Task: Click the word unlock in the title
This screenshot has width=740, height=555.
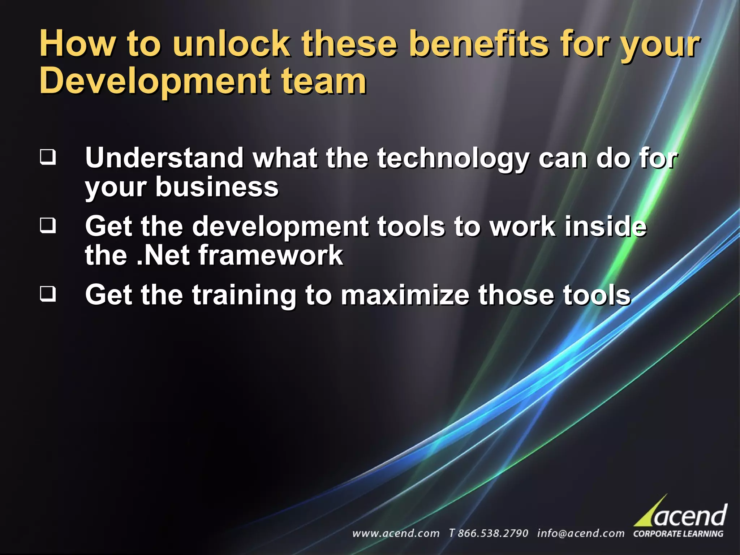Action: tap(231, 44)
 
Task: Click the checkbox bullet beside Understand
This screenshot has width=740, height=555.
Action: tap(48, 157)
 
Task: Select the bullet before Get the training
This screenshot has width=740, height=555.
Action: tap(48, 294)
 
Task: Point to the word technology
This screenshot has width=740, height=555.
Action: tap(453, 159)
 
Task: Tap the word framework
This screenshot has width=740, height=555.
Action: tap(271, 255)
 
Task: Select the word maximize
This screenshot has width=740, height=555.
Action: tap(405, 294)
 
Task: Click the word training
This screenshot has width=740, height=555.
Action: tap(244, 295)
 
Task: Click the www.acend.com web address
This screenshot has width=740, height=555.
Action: tap(396, 533)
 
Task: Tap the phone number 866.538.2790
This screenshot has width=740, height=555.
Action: tap(492, 533)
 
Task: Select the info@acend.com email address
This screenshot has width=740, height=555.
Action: tap(580, 533)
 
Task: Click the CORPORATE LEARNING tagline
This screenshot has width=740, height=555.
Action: tap(678, 534)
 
